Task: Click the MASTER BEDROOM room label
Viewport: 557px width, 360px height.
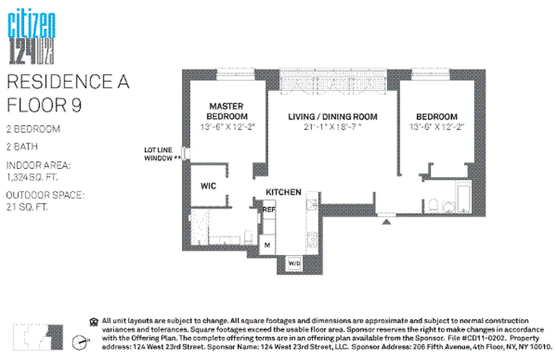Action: (x=226, y=111)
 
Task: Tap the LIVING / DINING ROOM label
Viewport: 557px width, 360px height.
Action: (x=332, y=117)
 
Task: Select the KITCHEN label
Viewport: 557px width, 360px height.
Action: (x=283, y=192)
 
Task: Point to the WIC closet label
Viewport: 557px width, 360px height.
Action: (x=208, y=186)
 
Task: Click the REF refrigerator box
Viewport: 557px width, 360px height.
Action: (x=269, y=209)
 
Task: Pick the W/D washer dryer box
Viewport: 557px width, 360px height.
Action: (x=294, y=263)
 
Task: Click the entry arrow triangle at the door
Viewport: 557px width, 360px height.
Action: (x=386, y=220)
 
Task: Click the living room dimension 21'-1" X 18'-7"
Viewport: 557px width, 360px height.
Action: (x=332, y=127)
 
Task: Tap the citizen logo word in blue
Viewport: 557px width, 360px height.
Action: (x=32, y=26)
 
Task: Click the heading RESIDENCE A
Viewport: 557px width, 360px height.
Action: (x=68, y=82)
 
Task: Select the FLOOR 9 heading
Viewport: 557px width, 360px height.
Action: (x=44, y=105)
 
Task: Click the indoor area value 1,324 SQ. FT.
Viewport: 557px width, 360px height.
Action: (x=32, y=177)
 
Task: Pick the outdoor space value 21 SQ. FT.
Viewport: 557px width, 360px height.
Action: (x=27, y=207)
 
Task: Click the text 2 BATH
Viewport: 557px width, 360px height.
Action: (x=22, y=147)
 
